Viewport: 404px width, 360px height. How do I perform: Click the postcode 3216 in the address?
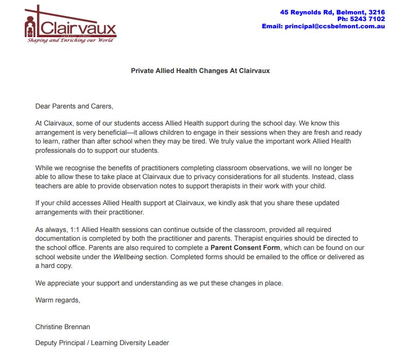pos(377,12)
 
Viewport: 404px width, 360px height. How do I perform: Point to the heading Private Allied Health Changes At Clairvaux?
pos(200,70)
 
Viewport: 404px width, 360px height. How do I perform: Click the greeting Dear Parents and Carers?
pos(74,106)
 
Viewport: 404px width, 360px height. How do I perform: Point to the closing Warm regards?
pos(58,299)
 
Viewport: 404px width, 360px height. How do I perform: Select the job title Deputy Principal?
pos(61,343)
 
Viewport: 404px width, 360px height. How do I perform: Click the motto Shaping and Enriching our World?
pos(71,40)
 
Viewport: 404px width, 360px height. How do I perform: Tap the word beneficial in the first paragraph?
pos(106,132)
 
